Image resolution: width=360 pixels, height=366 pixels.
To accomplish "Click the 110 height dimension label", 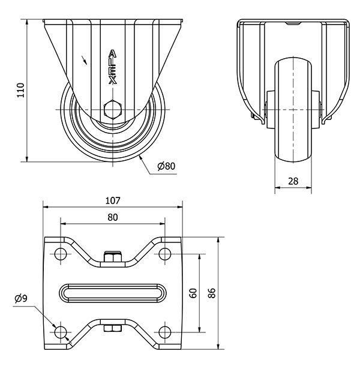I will [x=19, y=90].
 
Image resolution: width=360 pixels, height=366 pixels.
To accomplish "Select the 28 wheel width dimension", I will [x=293, y=181].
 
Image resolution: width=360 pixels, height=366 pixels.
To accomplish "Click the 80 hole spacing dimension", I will [x=112, y=217].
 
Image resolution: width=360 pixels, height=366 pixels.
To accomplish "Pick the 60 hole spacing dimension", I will [x=193, y=293].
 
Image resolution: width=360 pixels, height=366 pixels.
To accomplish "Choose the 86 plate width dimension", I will [x=211, y=293].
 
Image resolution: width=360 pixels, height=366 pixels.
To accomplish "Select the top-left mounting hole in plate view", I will [x=60, y=254].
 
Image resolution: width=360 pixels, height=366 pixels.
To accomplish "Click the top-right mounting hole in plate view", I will [x=165, y=254].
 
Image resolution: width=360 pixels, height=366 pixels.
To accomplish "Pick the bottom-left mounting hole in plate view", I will [x=60, y=332].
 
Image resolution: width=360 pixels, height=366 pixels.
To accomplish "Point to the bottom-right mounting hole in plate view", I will [x=165, y=332].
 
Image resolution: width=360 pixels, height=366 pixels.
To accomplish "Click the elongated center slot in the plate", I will [x=113, y=293].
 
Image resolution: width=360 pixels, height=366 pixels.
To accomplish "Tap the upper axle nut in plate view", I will [x=112, y=258].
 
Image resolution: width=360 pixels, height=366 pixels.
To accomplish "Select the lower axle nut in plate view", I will [x=112, y=328].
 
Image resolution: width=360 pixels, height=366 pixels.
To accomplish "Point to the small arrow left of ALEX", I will [x=85, y=60].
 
